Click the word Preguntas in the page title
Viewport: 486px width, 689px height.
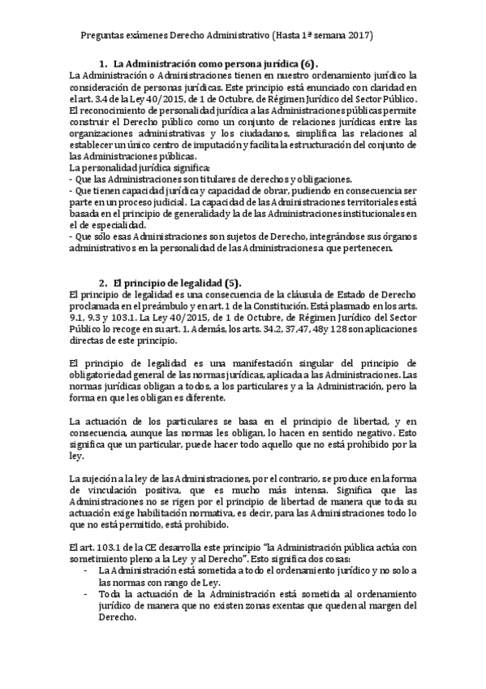[103, 37]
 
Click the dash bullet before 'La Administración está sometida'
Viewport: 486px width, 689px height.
[87, 570]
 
